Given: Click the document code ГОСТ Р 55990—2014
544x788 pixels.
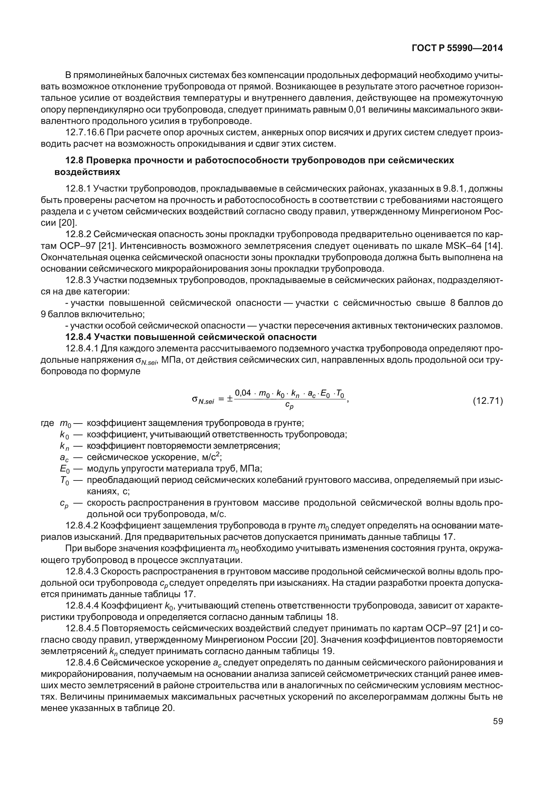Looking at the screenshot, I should pyautogui.click(x=457, y=48).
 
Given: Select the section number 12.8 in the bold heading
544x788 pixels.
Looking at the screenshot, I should pyautogui.click(x=74, y=160).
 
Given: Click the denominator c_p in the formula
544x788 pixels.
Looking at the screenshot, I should pyautogui.click(x=289, y=407).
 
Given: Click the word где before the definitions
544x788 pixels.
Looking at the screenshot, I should pyautogui.click(x=47, y=423).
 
